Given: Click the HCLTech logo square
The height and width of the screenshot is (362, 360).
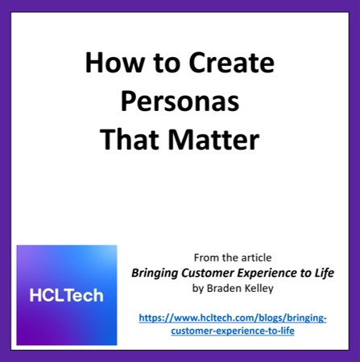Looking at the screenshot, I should (x=67, y=295).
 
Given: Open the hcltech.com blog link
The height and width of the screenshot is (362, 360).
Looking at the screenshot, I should (x=233, y=318).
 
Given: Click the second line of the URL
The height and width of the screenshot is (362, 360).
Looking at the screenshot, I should (x=233, y=331).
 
